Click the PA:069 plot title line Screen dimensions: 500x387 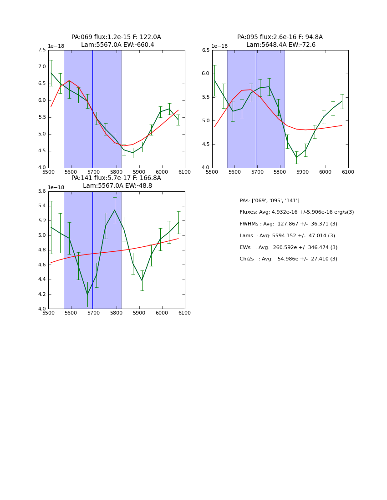(x=116, y=37)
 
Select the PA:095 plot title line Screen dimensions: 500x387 (x=280, y=37)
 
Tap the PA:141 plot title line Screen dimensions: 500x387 (x=116, y=178)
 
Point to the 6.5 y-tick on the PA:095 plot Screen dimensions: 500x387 (x=205, y=50)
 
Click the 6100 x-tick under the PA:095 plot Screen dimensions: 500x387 (x=348, y=172)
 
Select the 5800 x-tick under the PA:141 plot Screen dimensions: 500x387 (x=116, y=313)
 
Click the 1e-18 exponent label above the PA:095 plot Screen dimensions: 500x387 (x=219, y=46)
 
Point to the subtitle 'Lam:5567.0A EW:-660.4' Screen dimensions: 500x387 (x=117, y=45)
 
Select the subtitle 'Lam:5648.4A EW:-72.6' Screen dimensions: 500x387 (x=281, y=45)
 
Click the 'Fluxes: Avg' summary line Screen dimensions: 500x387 (x=296, y=212)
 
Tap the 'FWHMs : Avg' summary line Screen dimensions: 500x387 (x=287, y=224)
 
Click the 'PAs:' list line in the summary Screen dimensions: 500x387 (x=270, y=201)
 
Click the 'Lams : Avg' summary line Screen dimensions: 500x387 (x=287, y=236)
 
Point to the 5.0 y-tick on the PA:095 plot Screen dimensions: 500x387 (x=205, y=120)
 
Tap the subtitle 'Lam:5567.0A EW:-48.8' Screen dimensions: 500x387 (x=117, y=186)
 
